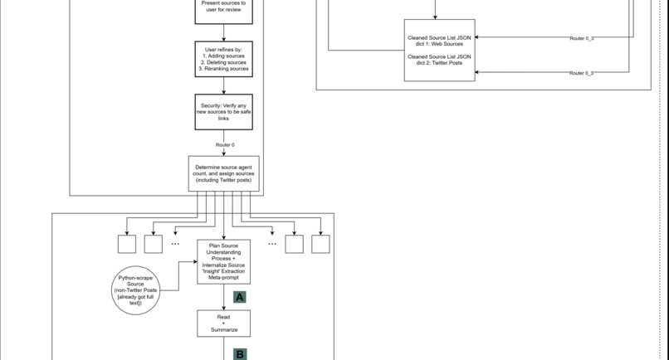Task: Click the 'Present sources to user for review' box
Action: (223, 8)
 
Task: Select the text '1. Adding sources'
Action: (223, 56)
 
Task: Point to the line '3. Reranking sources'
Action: (223, 69)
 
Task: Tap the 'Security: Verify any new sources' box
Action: (223, 112)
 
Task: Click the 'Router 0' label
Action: (224, 145)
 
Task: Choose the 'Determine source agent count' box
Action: (223, 173)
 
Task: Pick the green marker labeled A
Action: (240, 297)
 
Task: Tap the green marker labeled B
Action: (240, 354)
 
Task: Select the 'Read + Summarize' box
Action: (223, 324)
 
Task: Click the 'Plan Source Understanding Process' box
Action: (223, 261)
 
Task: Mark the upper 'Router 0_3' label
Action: (581, 38)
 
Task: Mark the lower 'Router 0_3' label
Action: (581, 73)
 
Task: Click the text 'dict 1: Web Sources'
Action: (439, 44)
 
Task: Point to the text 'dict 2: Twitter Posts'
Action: (439, 63)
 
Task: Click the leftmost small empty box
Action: (127, 244)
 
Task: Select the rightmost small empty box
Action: (320, 244)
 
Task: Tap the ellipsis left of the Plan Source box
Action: (175, 244)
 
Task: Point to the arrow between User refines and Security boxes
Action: (223, 85)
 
